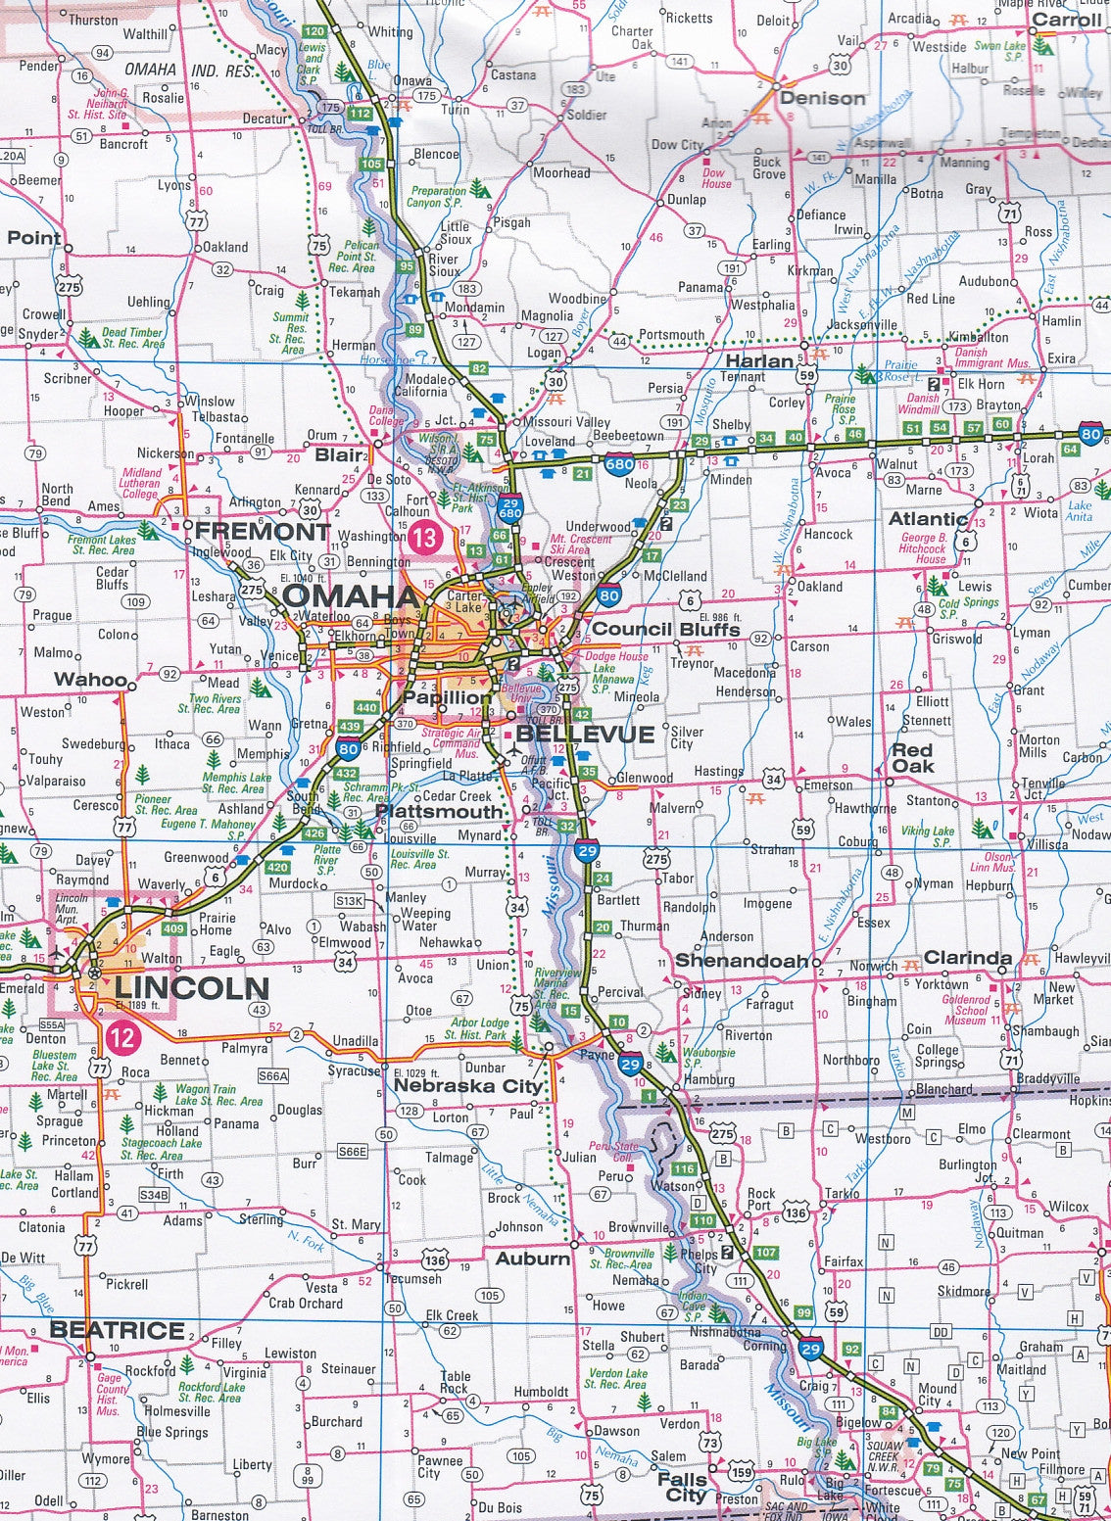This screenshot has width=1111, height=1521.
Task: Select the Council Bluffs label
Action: [665, 629]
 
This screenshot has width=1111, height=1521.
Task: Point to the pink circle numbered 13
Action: [425, 536]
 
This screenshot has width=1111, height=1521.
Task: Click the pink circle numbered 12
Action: [124, 1036]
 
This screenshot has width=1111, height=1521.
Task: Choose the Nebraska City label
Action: [467, 1086]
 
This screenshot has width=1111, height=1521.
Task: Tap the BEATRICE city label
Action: [118, 1330]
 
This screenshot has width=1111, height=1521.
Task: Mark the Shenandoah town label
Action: [742, 960]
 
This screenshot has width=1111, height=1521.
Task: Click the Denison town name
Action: [822, 98]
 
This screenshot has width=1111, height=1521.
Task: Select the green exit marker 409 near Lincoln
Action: [173, 928]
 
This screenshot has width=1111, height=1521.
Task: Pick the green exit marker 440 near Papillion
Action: [366, 707]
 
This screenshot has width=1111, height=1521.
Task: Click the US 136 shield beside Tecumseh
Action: [435, 1260]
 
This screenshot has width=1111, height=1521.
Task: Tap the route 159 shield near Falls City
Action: [742, 1471]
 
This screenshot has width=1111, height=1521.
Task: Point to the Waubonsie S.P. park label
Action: [707, 1057]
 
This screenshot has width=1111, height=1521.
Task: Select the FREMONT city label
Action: [262, 532]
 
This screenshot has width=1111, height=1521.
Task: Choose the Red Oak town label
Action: [911, 758]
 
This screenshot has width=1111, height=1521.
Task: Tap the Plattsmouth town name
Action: [439, 811]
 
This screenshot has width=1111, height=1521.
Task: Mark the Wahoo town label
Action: [90, 679]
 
